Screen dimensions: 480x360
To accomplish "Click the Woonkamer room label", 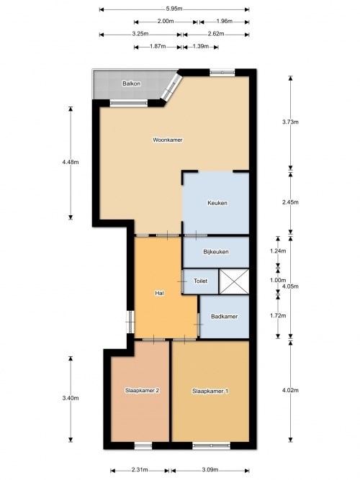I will click(167, 140).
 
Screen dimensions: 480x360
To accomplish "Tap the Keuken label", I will click(217, 203).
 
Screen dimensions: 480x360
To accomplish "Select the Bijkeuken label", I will click(216, 252).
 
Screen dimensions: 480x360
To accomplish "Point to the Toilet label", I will click(201, 281).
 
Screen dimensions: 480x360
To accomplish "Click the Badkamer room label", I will click(224, 316).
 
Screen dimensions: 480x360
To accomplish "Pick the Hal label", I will click(160, 294).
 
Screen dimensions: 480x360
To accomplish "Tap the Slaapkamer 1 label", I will click(210, 391).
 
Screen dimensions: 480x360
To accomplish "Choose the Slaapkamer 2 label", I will click(141, 391).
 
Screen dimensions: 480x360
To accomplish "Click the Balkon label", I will click(131, 83).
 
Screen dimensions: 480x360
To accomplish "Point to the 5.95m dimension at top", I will click(174, 9).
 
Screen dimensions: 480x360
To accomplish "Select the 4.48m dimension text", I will click(71, 163).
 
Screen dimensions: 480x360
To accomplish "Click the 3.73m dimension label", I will click(290, 122).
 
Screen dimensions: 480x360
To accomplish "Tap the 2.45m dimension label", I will click(290, 202).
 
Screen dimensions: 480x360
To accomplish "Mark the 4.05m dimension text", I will click(290, 286).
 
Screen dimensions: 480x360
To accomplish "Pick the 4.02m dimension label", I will click(290, 391).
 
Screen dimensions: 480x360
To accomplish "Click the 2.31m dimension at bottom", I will click(140, 471).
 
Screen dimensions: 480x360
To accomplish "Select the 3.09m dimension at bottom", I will click(210, 471).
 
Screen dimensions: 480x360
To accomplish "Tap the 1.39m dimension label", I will click(202, 47).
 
